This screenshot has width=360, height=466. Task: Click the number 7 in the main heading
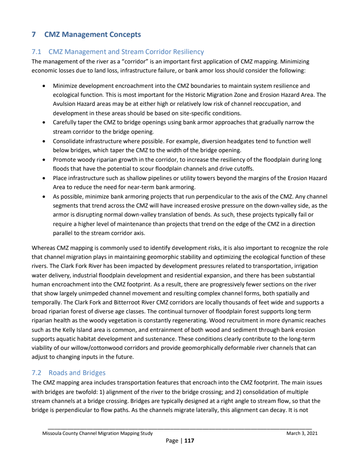tap(34, 35)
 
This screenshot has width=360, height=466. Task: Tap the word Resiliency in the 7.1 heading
tap(185, 52)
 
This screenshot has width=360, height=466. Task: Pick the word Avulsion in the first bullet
tap(65, 104)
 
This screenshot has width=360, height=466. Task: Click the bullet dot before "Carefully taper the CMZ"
tap(43, 122)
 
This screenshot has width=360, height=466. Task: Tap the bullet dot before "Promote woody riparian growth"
tap(43, 160)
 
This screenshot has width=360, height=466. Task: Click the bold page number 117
tap(189, 441)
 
